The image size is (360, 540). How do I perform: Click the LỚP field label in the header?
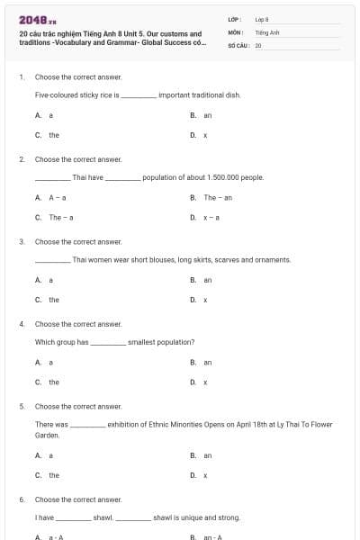(232, 19)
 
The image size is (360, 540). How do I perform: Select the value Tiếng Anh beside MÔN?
(264, 31)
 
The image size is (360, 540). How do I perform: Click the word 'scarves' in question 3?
(229, 259)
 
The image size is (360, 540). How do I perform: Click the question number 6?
(22, 499)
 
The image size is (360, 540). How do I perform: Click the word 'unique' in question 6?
(187, 517)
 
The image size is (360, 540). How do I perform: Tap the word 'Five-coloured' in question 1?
(57, 94)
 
